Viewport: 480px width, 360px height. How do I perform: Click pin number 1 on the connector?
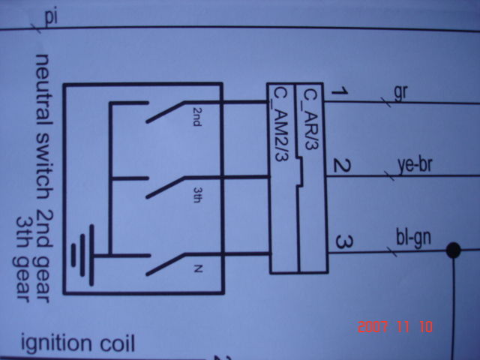point(339,93)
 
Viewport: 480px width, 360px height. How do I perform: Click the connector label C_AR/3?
point(310,118)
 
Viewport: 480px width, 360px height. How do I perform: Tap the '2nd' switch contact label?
point(196,118)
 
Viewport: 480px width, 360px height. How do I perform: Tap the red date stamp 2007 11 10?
point(396,327)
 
